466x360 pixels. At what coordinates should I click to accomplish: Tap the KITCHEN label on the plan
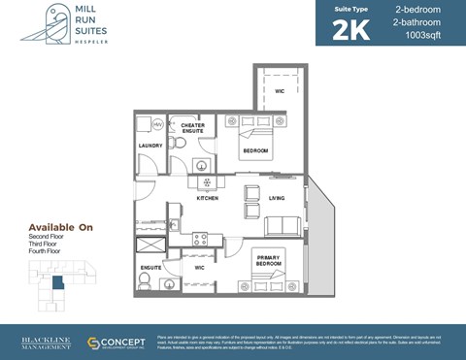pos(207,198)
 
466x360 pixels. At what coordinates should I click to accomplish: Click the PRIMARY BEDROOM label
pos(269,261)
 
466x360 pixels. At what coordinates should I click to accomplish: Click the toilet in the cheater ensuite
pos(179,144)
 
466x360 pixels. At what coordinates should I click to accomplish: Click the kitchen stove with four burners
pos(201,238)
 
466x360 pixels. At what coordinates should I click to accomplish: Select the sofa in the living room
pos(282,227)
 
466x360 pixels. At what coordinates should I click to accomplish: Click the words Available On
pos(60,228)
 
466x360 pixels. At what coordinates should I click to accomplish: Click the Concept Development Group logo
pos(116,344)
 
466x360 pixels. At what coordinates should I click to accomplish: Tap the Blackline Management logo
pos(43,344)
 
